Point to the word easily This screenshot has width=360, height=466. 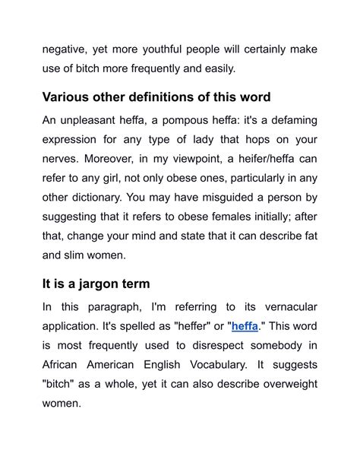217,69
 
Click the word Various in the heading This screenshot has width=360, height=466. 69,98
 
